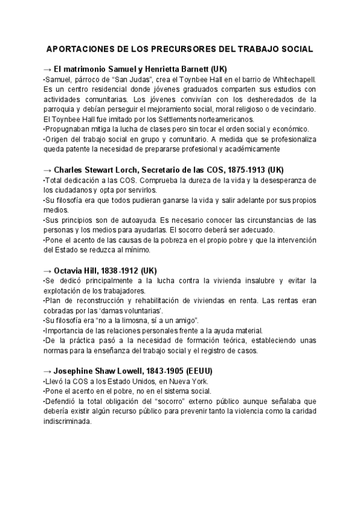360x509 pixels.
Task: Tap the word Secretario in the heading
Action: [x=159, y=169]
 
